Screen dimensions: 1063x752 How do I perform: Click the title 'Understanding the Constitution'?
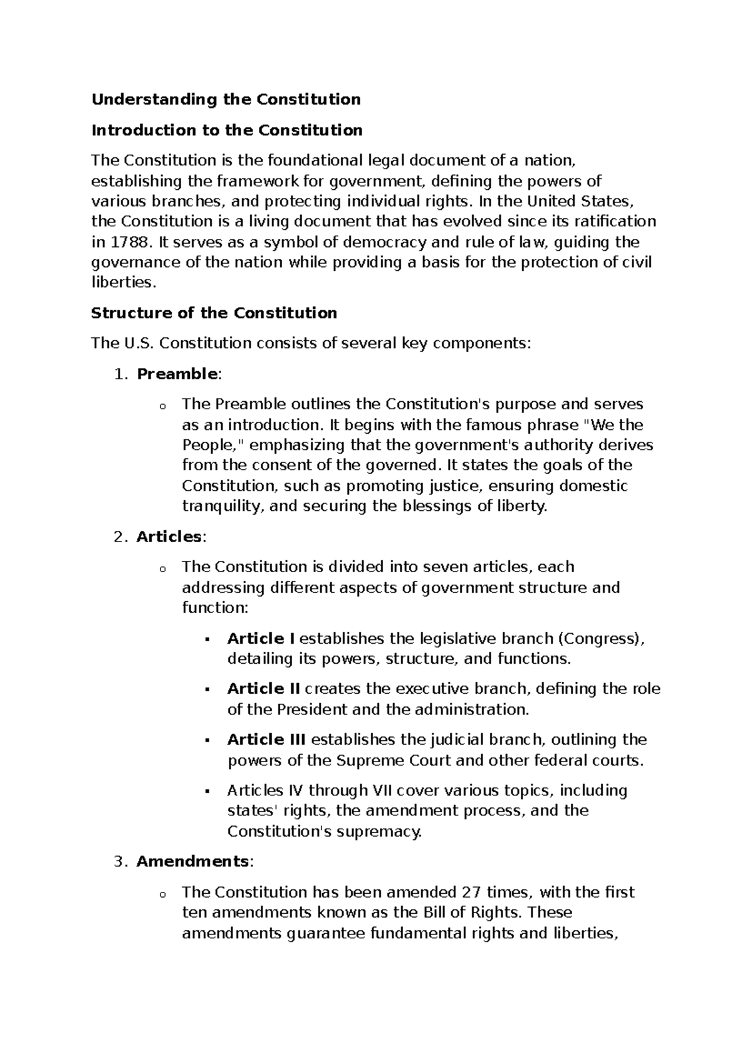point(226,99)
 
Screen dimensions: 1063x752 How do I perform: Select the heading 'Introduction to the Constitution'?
point(227,130)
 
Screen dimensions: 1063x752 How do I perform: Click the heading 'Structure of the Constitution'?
point(214,313)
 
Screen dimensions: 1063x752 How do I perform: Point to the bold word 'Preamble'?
point(177,374)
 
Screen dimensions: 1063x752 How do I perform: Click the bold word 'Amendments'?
point(192,861)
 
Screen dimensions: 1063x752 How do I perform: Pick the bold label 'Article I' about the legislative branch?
point(261,639)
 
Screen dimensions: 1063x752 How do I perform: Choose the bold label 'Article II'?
point(264,689)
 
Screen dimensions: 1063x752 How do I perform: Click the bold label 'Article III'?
point(266,740)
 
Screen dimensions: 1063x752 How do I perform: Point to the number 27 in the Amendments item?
point(470,892)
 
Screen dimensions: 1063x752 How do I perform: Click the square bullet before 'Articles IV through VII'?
point(206,792)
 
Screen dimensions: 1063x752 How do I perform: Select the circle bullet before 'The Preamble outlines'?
point(162,406)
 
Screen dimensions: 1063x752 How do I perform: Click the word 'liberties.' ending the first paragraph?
point(122,282)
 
